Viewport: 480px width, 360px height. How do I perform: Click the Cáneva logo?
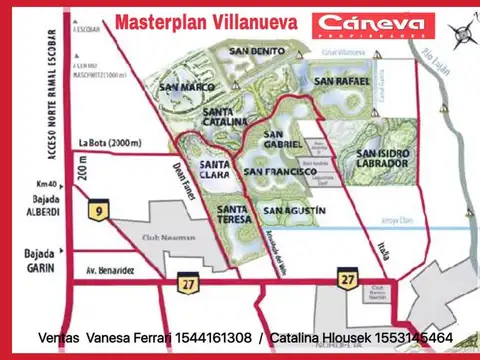pyautogui.click(x=372, y=26)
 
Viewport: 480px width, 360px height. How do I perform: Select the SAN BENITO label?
pyautogui.click(x=252, y=50)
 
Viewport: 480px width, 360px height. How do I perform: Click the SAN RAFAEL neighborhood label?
pyautogui.click(x=338, y=80)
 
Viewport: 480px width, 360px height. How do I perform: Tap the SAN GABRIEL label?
pyautogui.click(x=282, y=138)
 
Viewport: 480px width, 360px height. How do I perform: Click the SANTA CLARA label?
pyautogui.click(x=215, y=169)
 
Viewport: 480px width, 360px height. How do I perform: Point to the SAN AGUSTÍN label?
pyautogui.click(x=294, y=211)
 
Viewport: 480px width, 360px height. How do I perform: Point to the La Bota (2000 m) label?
pyautogui.click(x=113, y=142)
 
